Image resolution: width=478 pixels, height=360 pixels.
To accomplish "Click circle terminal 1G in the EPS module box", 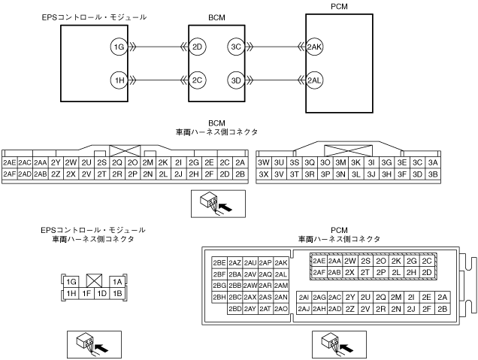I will tap(117, 48).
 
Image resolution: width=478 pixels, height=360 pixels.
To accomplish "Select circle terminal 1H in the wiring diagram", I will tap(117, 80).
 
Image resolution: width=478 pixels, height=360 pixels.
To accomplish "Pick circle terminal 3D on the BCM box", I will tap(236, 80).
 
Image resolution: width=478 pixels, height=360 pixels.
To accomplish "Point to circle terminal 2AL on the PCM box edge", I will tap(315, 80).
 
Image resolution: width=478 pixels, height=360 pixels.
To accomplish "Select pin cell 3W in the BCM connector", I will tap(264, 162).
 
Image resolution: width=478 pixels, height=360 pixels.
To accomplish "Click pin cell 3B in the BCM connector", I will tap(432, 174).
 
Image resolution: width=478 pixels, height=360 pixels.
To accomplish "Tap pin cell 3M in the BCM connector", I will tap(340, 162).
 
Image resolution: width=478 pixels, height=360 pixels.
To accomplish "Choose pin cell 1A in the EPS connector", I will tap(117, 281).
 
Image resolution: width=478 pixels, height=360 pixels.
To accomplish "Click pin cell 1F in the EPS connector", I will tap(87, 292).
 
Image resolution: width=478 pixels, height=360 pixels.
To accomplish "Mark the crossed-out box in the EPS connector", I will tap(95, 281).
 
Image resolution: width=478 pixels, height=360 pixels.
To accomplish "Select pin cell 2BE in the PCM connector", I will tap(219, 262).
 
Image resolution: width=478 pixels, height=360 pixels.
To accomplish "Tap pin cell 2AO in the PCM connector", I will tap(281, 308).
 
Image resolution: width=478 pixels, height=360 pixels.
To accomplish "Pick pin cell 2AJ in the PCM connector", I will tap(304, 308).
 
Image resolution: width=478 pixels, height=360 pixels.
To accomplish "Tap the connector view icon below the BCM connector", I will tap(215, 201).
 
